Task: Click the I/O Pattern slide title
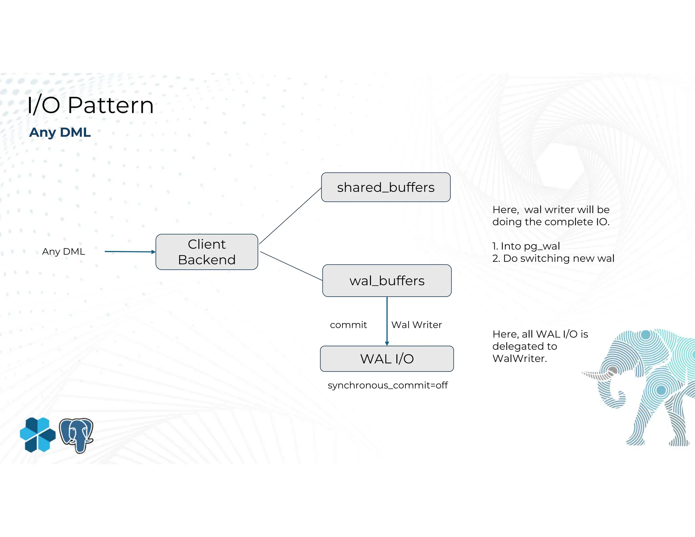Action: pos(90,105)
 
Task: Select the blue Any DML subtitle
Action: pos(60,132)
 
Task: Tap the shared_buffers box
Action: pos(386,187)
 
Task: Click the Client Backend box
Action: pos(207,252)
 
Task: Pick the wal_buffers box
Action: pos(387,281)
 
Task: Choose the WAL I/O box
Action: pos(387,359)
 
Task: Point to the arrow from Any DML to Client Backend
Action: pos(129,252)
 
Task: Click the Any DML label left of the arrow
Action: pos(63,252)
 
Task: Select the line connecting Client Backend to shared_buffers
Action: pos(290,216)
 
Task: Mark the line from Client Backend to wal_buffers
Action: pos(291,266)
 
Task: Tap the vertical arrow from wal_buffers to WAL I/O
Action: pos(387,321)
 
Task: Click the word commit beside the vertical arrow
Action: pos(348,325)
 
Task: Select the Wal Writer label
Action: pos(416,325)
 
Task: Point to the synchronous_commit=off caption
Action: pos(388,385)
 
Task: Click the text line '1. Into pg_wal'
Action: pos(526,246)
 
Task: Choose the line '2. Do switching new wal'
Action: pos(553,258)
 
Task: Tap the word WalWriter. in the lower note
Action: pos(520,358)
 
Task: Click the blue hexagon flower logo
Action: pos(38,435)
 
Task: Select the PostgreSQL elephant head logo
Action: pos(77,435)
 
